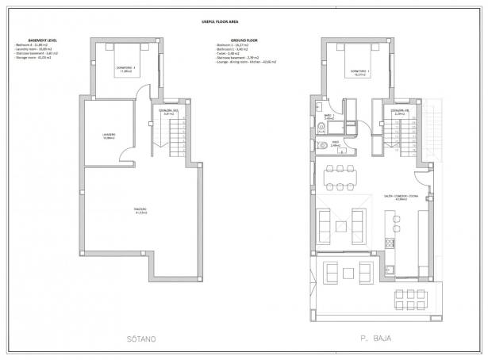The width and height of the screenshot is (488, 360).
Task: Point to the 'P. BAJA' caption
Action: (370, 339)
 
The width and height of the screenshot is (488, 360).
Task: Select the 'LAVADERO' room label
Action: (110, 136)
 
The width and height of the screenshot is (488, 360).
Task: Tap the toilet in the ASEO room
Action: (322, 145)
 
